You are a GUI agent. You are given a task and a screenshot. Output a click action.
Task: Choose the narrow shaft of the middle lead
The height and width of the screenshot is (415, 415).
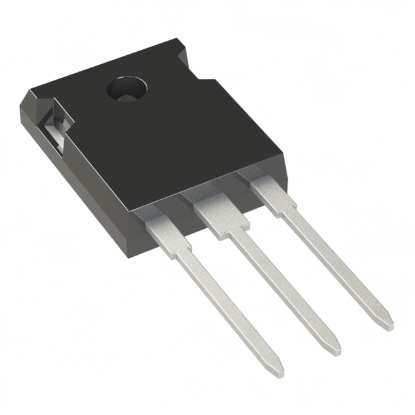tap(285, 285)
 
